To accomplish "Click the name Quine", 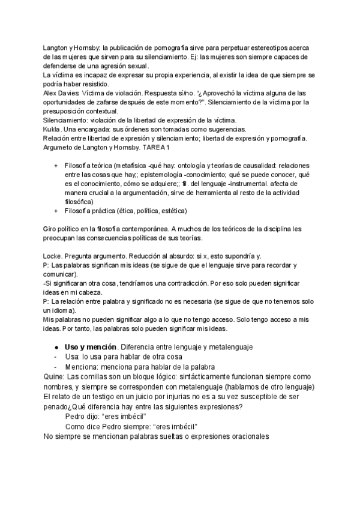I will (55, 376).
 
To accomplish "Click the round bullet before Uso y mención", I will (56, 348).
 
